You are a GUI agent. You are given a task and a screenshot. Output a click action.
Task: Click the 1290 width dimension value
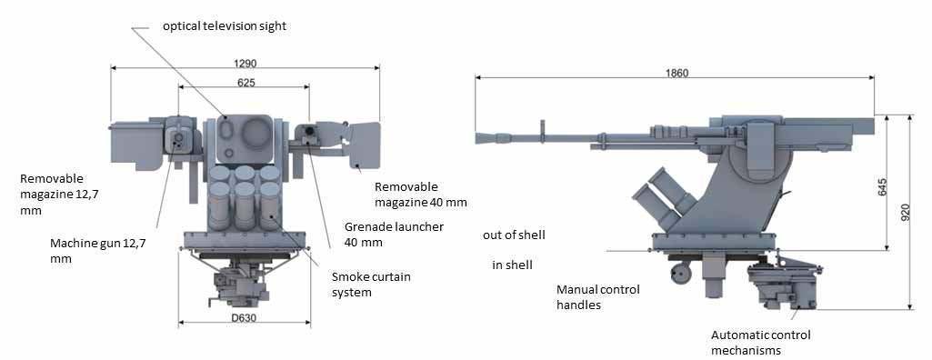(x=245, y=63)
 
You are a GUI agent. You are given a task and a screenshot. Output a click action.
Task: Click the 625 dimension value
(x=246, y=83)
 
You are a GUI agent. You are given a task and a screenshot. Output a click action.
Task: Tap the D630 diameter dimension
(x=244, y=318)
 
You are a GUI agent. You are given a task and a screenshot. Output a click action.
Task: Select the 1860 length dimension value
(x=677, y=73)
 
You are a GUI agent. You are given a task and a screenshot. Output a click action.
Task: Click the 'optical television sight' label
(x=225, y=26)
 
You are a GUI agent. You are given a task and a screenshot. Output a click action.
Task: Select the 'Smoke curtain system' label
(x=371, y=285)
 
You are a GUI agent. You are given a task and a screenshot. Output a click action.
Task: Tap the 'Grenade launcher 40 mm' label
(x=394, y=235)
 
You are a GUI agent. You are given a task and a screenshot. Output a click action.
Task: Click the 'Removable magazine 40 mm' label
(x=421, y=195)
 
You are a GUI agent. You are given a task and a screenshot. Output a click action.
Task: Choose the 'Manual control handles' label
(x=598, y=297)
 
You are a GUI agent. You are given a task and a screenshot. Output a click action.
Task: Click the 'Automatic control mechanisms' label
(x=761, y=343)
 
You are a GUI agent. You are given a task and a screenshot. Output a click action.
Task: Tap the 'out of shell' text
(x=514, y=235)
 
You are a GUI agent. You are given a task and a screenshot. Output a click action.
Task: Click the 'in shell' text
(x=512, y=265)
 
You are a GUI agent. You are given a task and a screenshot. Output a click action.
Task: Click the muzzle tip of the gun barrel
(x=476, y=138)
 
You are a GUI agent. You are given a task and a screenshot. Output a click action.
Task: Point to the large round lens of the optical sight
(x=256, y=133)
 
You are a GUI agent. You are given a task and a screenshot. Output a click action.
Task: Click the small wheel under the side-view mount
(x=681, y=273)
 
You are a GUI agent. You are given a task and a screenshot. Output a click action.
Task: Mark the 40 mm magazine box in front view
(x=365, y=145)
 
